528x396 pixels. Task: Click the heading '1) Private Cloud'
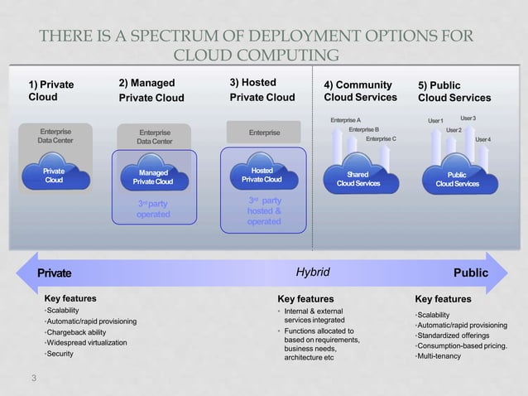pos(51,90)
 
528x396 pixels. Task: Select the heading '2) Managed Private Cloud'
pos(152,89)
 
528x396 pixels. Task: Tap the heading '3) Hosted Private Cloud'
pos(262,89)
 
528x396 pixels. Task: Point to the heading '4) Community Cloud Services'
pos(360,90)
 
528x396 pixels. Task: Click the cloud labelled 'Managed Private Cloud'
pos(151,176)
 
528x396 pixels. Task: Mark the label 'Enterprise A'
pos(345,121)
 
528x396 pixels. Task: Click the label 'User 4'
pos(482,139)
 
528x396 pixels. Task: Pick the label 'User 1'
pos(436,122)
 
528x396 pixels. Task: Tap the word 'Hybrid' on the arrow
pos(313,272)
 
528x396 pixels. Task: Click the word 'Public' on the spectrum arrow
pos(471,273)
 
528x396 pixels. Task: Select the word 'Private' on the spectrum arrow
pos(54,273)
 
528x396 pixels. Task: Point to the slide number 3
pos(33,379)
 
